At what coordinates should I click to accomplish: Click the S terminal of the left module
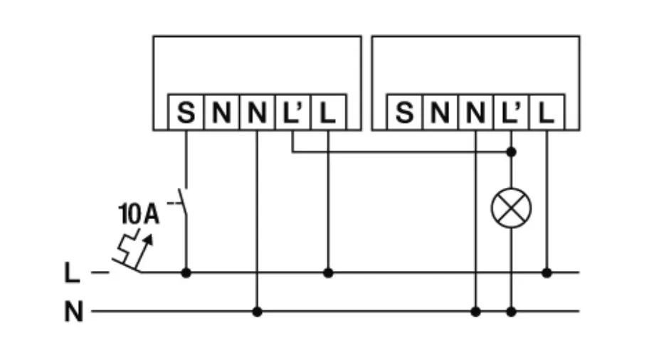pos(186,112)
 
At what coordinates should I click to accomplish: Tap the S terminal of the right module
pos(404,112)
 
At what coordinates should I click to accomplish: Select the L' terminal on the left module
pos(292,112)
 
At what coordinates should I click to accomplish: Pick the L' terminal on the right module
pos(511,112)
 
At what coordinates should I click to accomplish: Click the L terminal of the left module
pos(328,112)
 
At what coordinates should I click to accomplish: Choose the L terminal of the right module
pos(547,112)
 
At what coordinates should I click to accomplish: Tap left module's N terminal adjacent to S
pos(221,112)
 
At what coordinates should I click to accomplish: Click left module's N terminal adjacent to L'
pos(257,112)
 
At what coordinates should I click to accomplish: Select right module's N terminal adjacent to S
pos(440,112)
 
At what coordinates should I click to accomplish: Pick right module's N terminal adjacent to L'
pos(475,112)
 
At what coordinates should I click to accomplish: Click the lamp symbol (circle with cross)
pos(511,209)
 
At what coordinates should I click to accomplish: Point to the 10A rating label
pos(138,213)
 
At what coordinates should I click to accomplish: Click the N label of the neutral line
pos(73,312)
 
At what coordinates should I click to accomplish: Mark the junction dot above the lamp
pos(511,152)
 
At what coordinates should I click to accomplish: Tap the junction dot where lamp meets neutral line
pos(511,312)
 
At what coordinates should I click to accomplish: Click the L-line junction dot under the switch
pos(186,272)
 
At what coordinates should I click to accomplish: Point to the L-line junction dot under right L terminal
pos(547,272)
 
